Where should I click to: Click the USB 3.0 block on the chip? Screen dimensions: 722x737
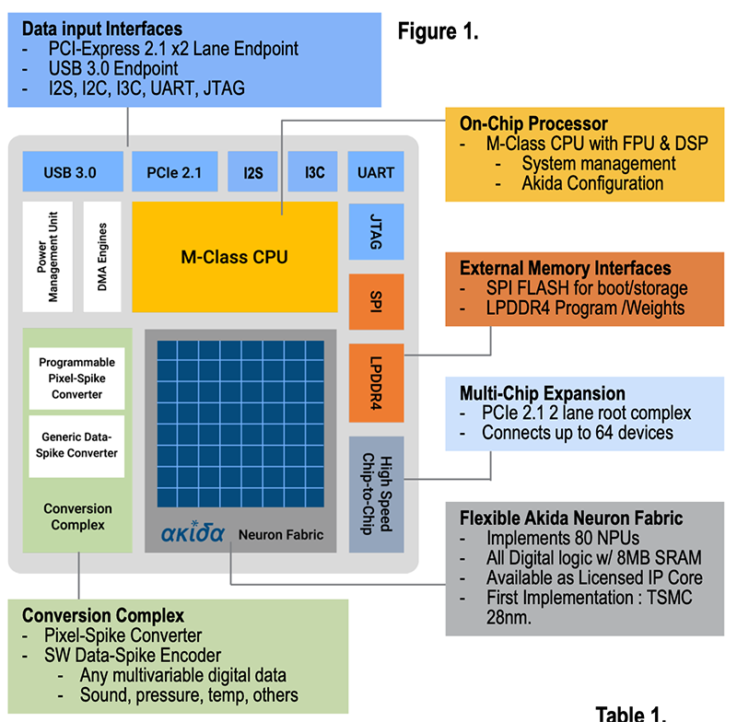pos(70,172)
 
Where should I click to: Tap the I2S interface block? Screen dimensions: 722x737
pos(253,172)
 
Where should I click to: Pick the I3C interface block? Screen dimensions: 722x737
pos(314,172)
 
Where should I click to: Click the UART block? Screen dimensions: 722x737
pos(376,172)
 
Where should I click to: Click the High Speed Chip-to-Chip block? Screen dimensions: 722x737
pos(376,493)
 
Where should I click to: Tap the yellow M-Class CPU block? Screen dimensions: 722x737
pos(234,257)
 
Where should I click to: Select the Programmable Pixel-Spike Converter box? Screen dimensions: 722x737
pos(76,378)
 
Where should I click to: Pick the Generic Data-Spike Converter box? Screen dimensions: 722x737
pos(76,446)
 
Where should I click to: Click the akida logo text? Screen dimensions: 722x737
pos(193,532)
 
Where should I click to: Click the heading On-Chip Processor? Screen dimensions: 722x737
pos(533,123)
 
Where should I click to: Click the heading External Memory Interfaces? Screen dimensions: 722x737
pos(566,269)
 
